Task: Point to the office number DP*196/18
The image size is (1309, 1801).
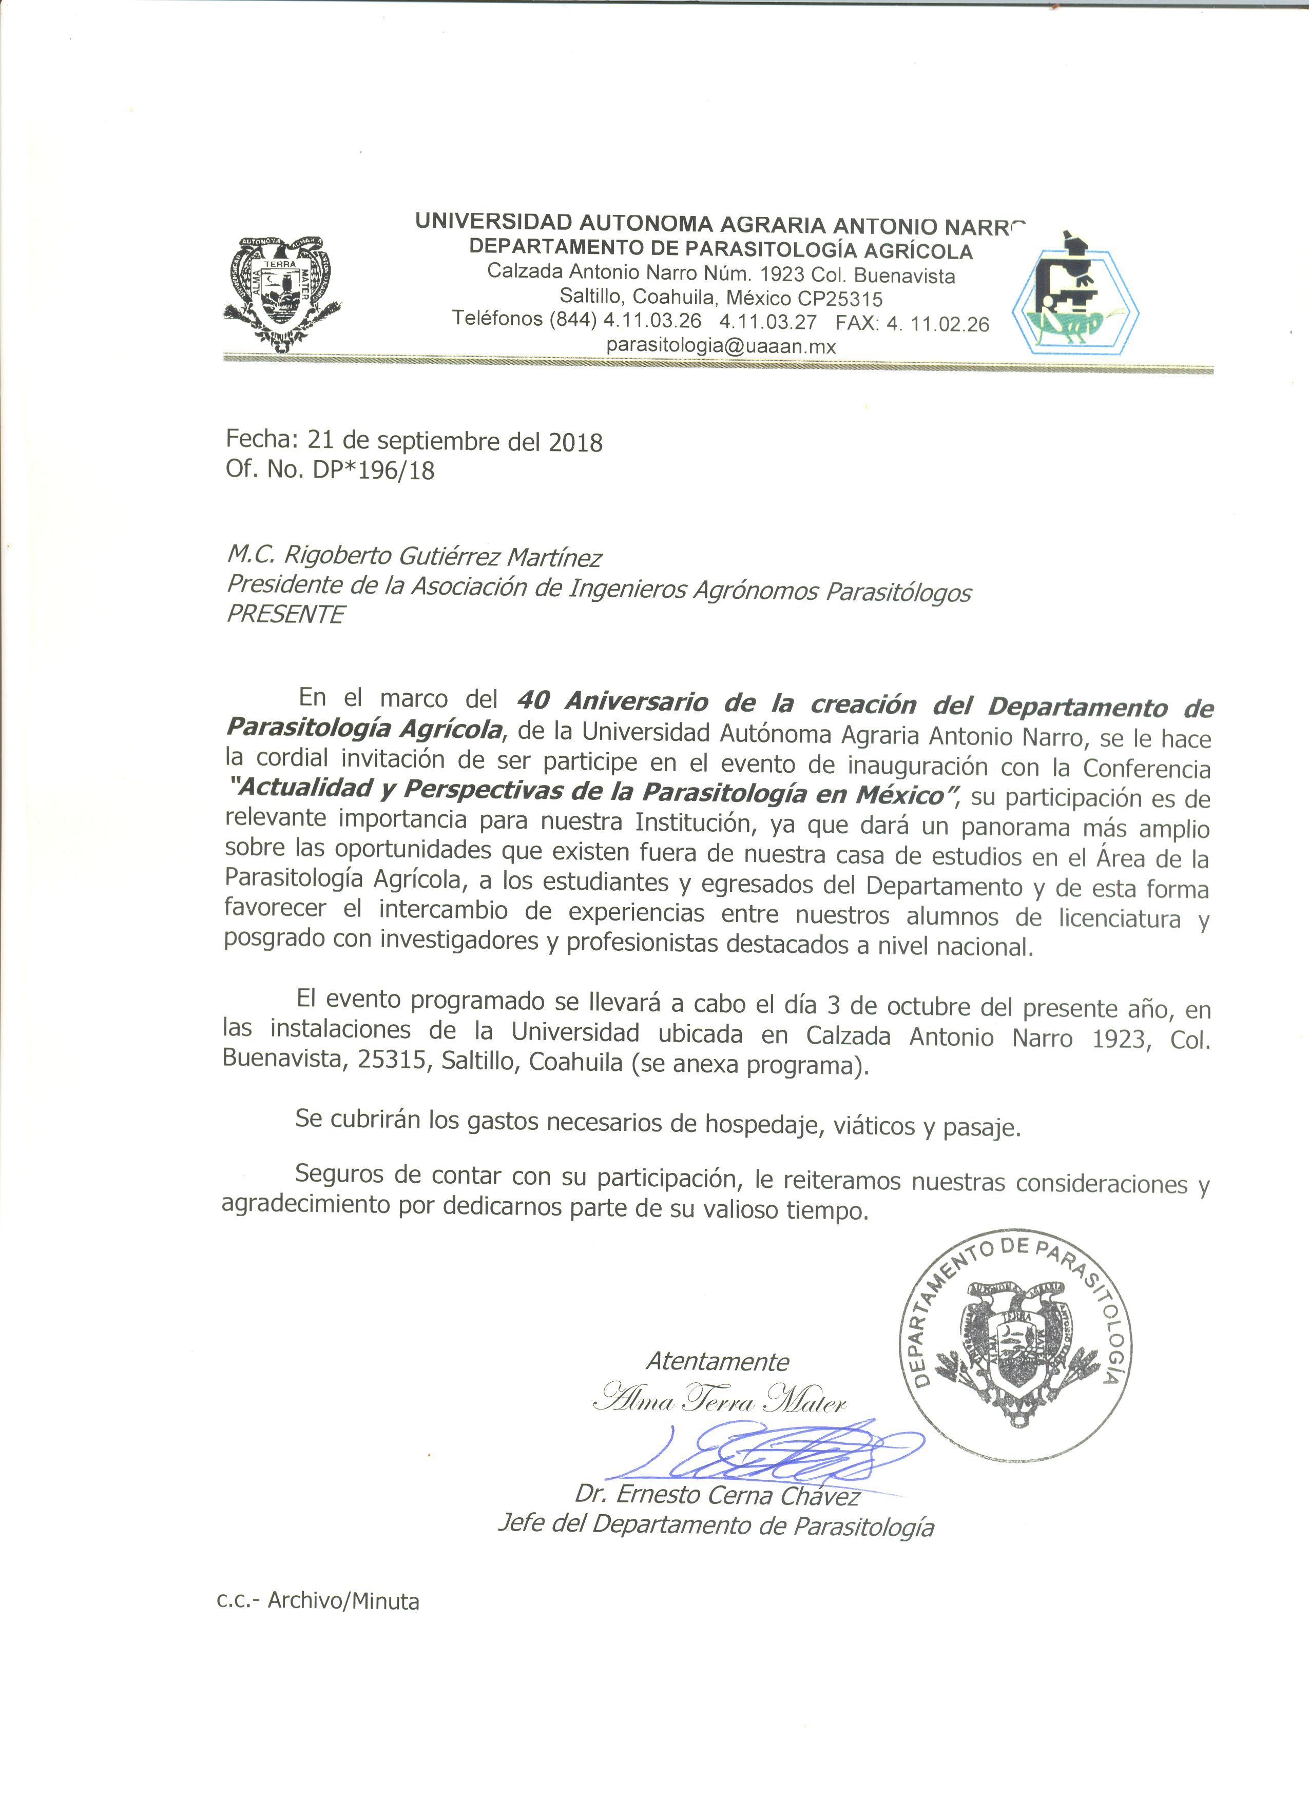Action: (x=373, y=470)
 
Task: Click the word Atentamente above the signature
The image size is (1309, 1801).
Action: (x=717, y=1362)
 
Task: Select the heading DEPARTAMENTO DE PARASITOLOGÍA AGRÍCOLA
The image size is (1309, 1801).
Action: (x=720, y=250)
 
